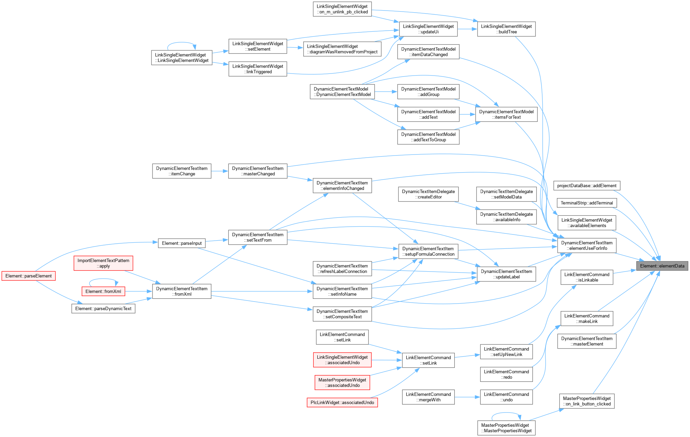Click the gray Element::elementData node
point(662,266)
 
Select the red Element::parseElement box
point(29,276)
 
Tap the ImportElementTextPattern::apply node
point(103,263)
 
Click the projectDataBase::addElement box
point(587,185)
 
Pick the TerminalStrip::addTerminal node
point(587,203)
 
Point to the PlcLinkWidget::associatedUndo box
point(342,402)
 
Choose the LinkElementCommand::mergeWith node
point(428,397)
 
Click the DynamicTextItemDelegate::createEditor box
point(428,194)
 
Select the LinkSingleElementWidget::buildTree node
point(506,29)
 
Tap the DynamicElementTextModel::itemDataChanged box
point(428,52)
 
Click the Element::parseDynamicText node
point(103,308)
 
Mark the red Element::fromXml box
point(103,291)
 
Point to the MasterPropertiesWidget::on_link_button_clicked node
point(587,401)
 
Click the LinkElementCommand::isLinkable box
point(587,277)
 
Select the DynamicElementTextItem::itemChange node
point(182,171)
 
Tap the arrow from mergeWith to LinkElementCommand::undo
point(467,397)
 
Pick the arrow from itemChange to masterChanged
point(220,171)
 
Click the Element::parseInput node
point(182,243)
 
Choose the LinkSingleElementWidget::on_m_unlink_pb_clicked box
point(342,9)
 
